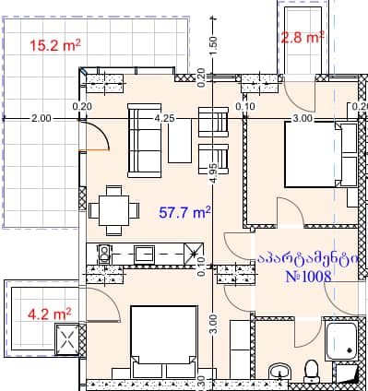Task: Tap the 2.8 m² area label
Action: [303, 38]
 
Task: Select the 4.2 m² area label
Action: [51, 314]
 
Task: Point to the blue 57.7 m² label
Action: [184, 212]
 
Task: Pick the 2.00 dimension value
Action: [41, 119]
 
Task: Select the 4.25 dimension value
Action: [165, 119]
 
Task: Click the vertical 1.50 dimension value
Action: [213, 43]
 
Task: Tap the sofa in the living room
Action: [143, 141]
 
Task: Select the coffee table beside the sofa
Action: [180, 141]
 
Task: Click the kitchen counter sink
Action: [145, 252]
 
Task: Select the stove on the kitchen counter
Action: [104, 251]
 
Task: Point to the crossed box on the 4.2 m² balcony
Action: [69, 342]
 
